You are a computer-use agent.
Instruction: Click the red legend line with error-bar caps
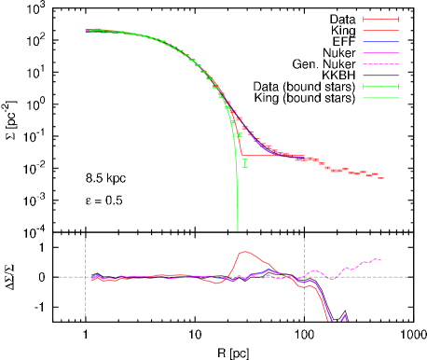(x=380, y=20)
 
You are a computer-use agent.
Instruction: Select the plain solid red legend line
(x=380, y=31)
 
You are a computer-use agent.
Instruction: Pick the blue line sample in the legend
(x=380, y=42)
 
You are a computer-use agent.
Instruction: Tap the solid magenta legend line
(x=380, y=53)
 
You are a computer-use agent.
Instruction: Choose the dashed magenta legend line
(x=380, y=64)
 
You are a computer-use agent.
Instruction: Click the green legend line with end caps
(x=380, y=87)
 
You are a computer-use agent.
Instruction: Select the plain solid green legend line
(x=380, y=98)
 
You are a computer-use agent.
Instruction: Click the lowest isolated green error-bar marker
(x=245, y=163)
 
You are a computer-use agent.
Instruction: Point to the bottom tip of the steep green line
(x=238, y=229)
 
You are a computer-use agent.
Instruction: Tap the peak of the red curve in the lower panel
(x=244, y=252)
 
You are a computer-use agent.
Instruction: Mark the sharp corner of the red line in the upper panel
(x=242, y=155)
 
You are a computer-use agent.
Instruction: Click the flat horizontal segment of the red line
(x=270, y=156)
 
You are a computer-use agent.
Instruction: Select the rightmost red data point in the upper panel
(x=380, y=177)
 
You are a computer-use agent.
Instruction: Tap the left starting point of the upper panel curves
(x=87, y=30)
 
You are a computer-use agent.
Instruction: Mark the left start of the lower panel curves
(x=92, y=279)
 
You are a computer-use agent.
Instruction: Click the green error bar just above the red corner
(x=240, y=135)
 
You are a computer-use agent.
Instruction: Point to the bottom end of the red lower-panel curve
(x=329, y=320)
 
